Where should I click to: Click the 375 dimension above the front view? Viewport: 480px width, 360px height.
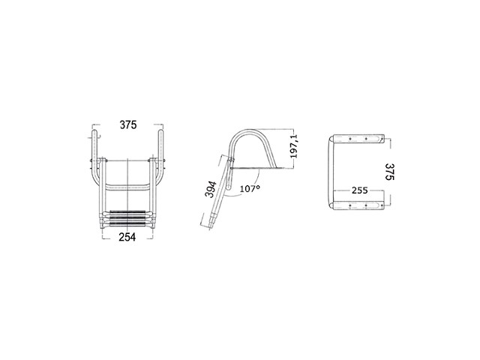pos(127,126)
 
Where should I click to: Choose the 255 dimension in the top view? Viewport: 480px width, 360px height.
pos(359,190)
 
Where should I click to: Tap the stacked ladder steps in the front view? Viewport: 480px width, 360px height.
pos(127,218)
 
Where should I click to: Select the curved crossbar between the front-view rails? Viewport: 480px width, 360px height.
pos(127,184)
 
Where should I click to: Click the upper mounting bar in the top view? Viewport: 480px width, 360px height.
pos(359,139)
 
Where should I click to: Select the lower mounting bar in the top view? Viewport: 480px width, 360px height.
pos(359,202)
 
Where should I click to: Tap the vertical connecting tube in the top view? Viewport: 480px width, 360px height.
pos(332,171)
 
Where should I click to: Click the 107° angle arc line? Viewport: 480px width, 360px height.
pos(238,180)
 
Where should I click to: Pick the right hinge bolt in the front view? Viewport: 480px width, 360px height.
pos(160,163)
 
